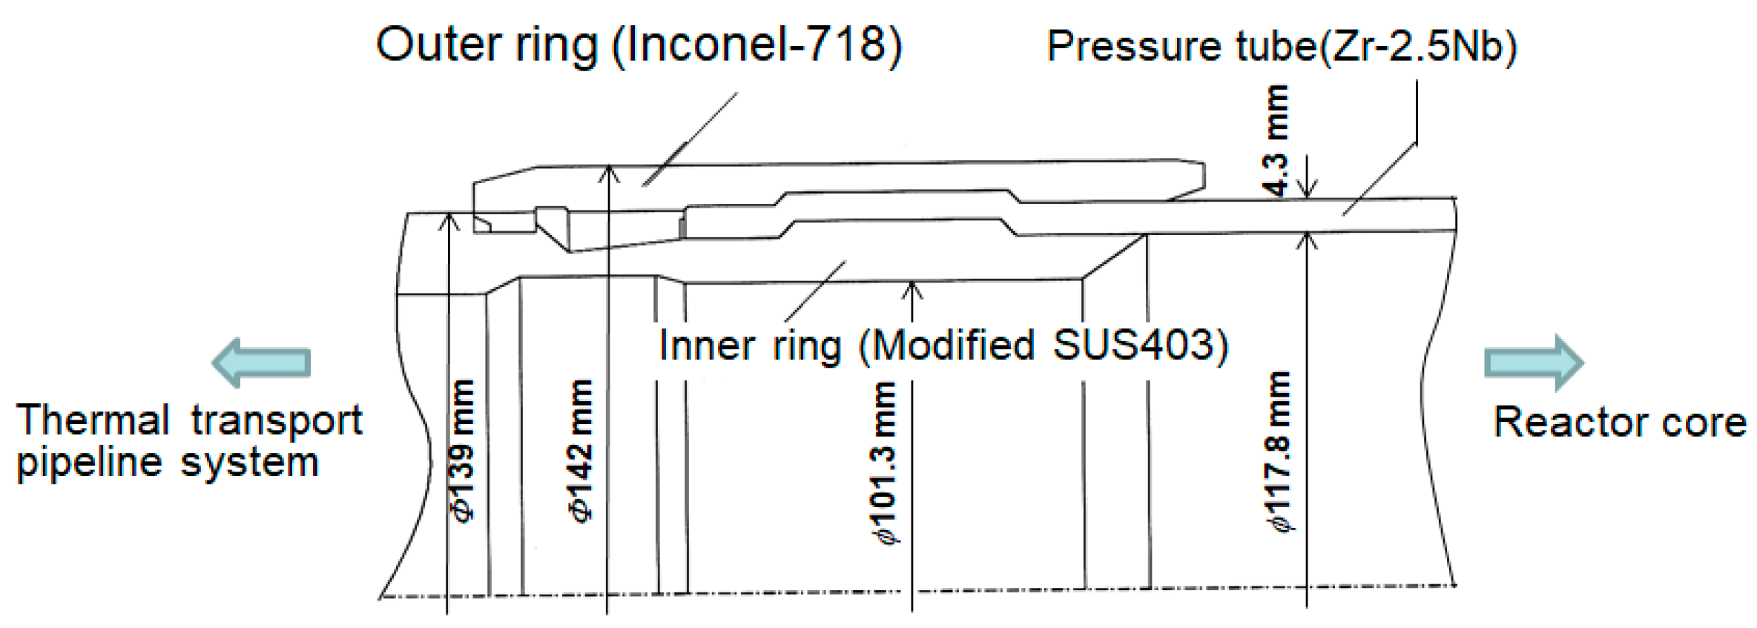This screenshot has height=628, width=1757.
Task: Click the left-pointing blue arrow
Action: pos(260,363)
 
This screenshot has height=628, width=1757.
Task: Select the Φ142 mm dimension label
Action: pos(583,450)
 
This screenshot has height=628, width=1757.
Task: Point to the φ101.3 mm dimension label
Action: pos(887,463)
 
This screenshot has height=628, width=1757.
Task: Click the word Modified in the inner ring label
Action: pos(953,346)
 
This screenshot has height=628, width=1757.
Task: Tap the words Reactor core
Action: pos(1620,423)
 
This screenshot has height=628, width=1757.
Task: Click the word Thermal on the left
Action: pos(93,420)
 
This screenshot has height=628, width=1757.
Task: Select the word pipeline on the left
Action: pos(89,463)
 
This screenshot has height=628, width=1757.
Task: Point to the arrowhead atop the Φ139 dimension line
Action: pos(448,220)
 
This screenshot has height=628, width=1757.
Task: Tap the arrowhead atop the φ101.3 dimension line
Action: pos(912,289)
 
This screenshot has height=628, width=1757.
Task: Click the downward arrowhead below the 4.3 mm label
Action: pos(1308,190)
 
